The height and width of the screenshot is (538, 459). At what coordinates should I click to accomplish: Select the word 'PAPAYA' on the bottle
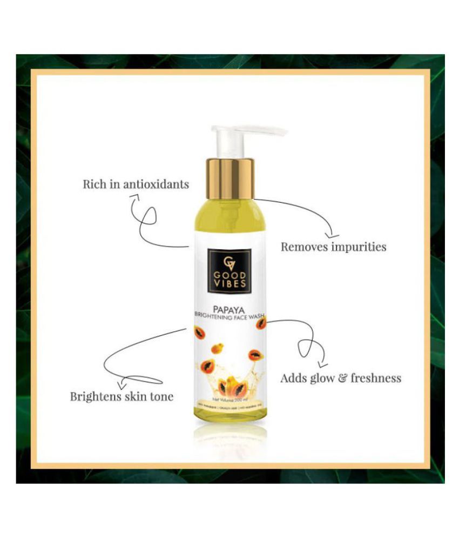coord(230,312)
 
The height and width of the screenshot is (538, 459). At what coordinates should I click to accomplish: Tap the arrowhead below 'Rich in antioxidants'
coord(133,200)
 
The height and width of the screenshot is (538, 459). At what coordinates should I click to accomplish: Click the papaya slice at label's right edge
coord(261,324)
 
